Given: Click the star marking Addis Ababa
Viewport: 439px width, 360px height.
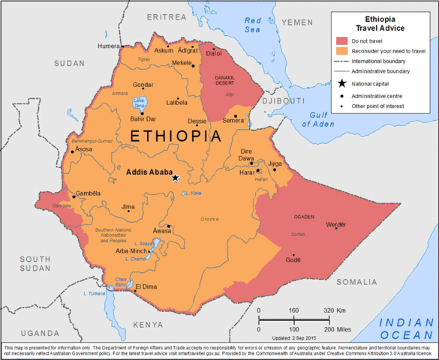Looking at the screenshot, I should [x=176, y=178].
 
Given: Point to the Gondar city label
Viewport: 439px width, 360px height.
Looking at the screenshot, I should [x=143, y=85].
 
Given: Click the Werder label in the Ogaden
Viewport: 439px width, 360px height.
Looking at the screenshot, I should [x=336, y=225].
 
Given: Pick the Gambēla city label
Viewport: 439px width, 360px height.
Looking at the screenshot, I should [x=87, y=193].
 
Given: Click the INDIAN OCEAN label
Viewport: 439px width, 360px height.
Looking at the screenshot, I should [x=407, y=327].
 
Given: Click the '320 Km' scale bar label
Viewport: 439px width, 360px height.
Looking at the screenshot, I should [x=335, y=310].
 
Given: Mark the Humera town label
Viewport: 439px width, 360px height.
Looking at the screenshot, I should [x=108, y=46].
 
